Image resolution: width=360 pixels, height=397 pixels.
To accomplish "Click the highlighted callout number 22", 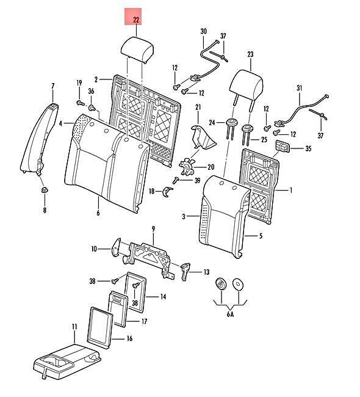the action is pyautogui.click(x=136, y=20).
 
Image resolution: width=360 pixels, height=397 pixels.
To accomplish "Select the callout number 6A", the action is pyautogui.click(x=230, y=314).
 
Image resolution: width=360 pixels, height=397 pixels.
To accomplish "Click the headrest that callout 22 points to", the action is pyautogui.click(x=137, y=49).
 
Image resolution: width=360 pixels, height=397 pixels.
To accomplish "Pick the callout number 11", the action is pyautogui.click(x=74, y=327).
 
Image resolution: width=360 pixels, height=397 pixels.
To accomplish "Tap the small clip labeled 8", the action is pyautogui.click(x=45, y=190).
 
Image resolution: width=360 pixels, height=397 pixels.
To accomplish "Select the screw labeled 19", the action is pyautogui.click(x=80, y=103).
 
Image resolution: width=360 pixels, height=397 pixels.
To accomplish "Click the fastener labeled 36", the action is pyautogui.click(x=92, y=108).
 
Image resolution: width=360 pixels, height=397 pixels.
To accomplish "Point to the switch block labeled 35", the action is pyautogui.click(x=283, y=147).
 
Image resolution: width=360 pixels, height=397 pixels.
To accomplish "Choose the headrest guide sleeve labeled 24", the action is pyautogui.click(x=231, y=129).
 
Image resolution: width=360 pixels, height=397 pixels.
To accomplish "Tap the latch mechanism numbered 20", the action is pyautogui.click(x=187, y=166).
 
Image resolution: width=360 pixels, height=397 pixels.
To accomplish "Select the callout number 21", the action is pyautogui.click(x=198, y=107).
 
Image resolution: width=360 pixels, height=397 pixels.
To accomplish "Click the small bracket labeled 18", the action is pyautogui.click(x=167, y=192).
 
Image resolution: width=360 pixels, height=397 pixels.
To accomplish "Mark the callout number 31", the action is pyautogui.click(x=299, y=89).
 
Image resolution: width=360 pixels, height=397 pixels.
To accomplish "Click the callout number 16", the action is pyautogui.click(x=129, y=338).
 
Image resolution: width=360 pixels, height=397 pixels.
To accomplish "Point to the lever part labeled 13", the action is pyautogui.click(x=185, y=271).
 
